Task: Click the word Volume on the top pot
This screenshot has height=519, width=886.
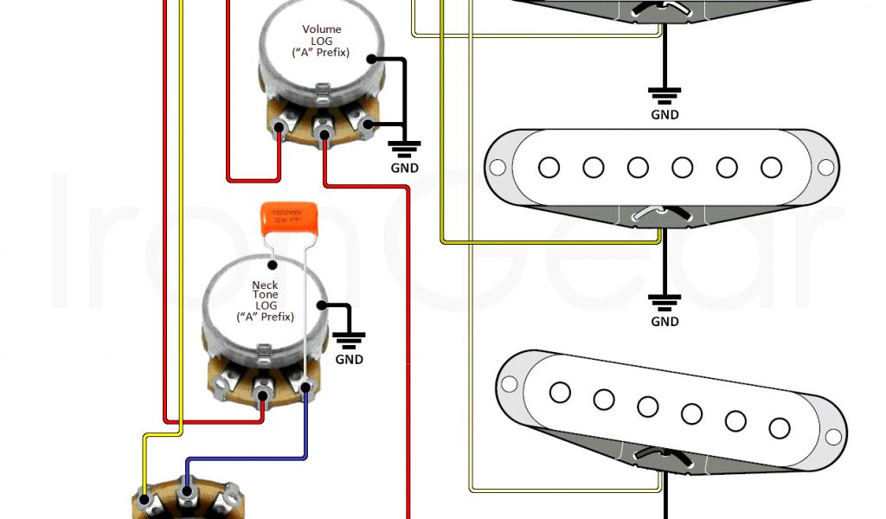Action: pos(321,29)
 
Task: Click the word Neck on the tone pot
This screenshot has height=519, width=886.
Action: pos(265,285)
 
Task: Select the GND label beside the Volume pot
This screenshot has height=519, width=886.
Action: pos(404,168)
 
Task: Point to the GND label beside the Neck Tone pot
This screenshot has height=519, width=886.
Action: pos(350,359)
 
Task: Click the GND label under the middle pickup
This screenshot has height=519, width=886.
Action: pos(664,322)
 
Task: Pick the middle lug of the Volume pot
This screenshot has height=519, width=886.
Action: pos(324,134)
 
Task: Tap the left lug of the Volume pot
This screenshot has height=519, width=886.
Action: pos(279,131)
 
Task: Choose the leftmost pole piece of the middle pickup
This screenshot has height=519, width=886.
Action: pos(549,167)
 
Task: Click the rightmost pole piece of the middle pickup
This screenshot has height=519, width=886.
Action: pos(771,167)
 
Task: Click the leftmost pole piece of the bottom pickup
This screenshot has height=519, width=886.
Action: pos(559,392)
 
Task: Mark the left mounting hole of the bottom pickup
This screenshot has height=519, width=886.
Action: pos(509,382)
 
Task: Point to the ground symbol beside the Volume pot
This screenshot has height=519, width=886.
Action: pos(404,146)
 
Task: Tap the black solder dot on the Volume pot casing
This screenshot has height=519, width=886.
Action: pos(372,60)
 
